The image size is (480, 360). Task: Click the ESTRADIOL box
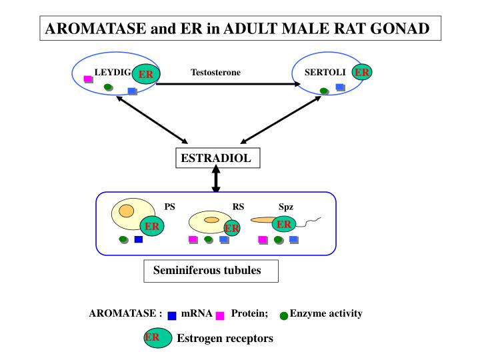pyautogui.click(x=216, y=159)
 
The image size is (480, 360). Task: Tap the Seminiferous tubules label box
pyautogui.click(x=211, y=271)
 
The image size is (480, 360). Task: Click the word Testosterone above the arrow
pyautogui.click(x=215, y=72)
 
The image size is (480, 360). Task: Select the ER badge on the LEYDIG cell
pyautogui.click(x=146, y=75)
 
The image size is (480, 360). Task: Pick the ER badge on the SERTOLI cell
pyautogui.click(x=362, y=72)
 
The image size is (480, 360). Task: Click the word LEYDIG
pyautogui.click(x=113, y=71)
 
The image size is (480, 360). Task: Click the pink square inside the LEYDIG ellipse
pyautogui.click(x=88, y=79)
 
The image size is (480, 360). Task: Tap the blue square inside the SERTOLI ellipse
pyautogui.click(x=340, y=87)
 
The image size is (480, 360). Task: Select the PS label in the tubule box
pyautogui.click(x=170, y=207)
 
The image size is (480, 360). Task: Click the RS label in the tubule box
pyautogui.click(x=238, y=207)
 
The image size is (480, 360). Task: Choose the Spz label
pyautogui.click(x=286, y=207)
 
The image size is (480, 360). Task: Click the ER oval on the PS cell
pyautogui.click(x=152, y=227)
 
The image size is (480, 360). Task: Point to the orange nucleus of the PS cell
pyautogui.click(x=127, y=211)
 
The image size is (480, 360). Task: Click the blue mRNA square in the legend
pyautogui.click(x=172, y=316)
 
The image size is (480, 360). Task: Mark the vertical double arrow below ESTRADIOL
pyautogui.click(x=216, y=179)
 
